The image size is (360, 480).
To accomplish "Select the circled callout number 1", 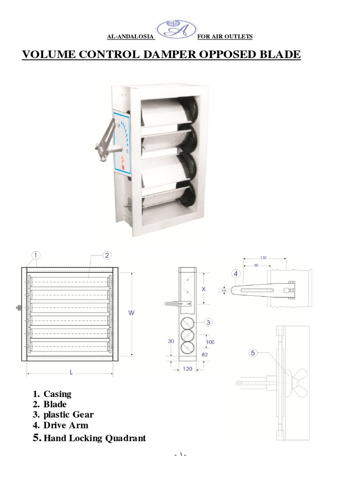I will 36,255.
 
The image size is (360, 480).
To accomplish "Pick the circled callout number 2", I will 107,255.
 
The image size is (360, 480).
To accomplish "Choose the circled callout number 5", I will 254,353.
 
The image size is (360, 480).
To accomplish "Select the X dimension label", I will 204,289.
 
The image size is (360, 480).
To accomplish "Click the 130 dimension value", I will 263,258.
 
